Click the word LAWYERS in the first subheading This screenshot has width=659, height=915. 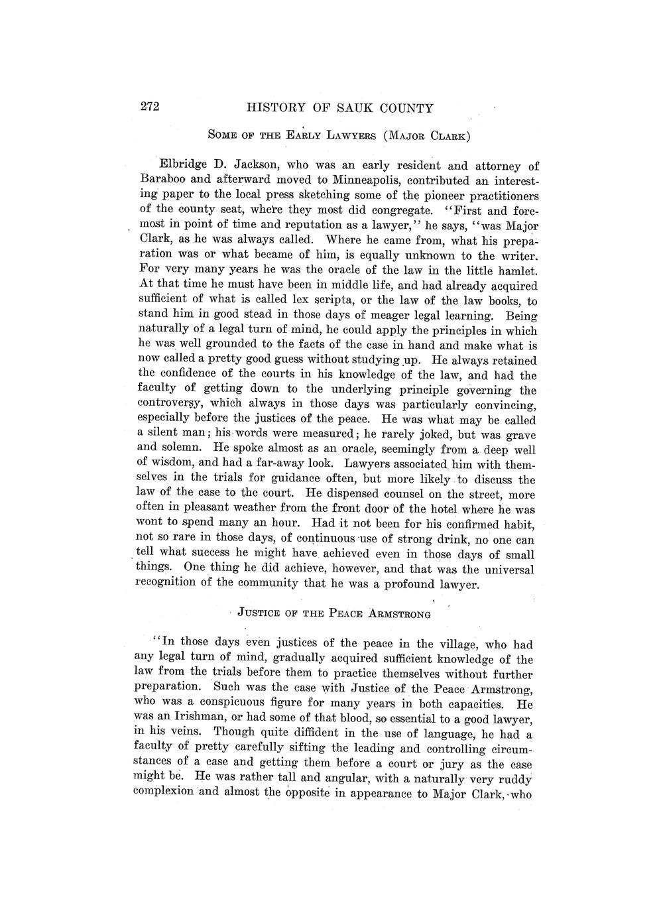pos(340,137)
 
